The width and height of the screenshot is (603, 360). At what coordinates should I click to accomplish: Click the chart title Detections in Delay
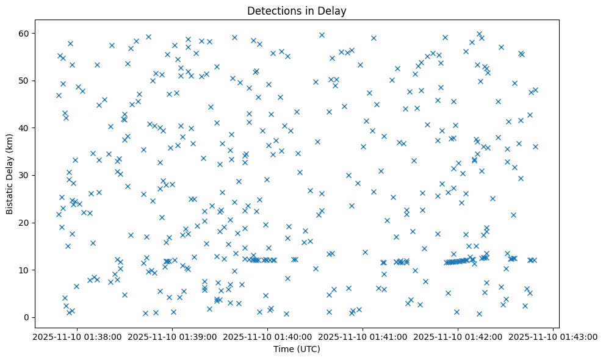(x=297, y=10)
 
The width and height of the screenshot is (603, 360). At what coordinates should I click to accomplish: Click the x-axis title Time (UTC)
(x=297, y=349)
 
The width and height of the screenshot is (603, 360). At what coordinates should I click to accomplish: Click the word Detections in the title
(x=272, y=10)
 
